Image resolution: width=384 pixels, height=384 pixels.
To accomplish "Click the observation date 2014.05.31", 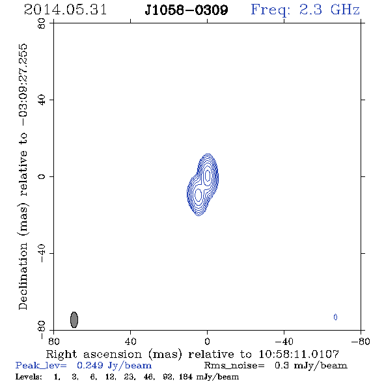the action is (65, 10).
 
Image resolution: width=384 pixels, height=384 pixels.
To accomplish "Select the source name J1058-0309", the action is (186, 10).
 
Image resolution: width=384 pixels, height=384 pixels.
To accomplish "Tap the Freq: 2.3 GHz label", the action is (305, 10).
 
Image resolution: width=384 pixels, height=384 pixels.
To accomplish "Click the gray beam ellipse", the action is (74, 320).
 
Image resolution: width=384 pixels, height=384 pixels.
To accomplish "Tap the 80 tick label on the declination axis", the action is (42, 23).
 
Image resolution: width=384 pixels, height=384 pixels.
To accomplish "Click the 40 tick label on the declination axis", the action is (42, 100).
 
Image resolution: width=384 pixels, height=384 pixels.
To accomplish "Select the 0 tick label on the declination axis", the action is (42, 176).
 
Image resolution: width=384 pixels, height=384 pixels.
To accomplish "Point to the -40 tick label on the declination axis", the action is (42, 253).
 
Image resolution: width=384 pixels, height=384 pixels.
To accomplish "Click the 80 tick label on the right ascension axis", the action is (53, 342).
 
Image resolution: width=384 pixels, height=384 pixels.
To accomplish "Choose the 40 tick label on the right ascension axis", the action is (130, 342).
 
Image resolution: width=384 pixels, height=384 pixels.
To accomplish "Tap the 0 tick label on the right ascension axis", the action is (207, 342).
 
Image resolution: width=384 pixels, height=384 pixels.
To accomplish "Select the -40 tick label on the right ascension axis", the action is (284, 342).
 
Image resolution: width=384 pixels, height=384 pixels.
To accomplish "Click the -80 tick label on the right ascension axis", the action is (361, 342).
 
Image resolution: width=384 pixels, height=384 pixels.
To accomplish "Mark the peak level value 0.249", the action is (90, 365).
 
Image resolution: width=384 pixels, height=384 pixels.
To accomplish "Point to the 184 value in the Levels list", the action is (185, 376).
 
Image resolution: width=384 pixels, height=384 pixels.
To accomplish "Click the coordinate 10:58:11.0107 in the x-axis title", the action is (299, 354).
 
